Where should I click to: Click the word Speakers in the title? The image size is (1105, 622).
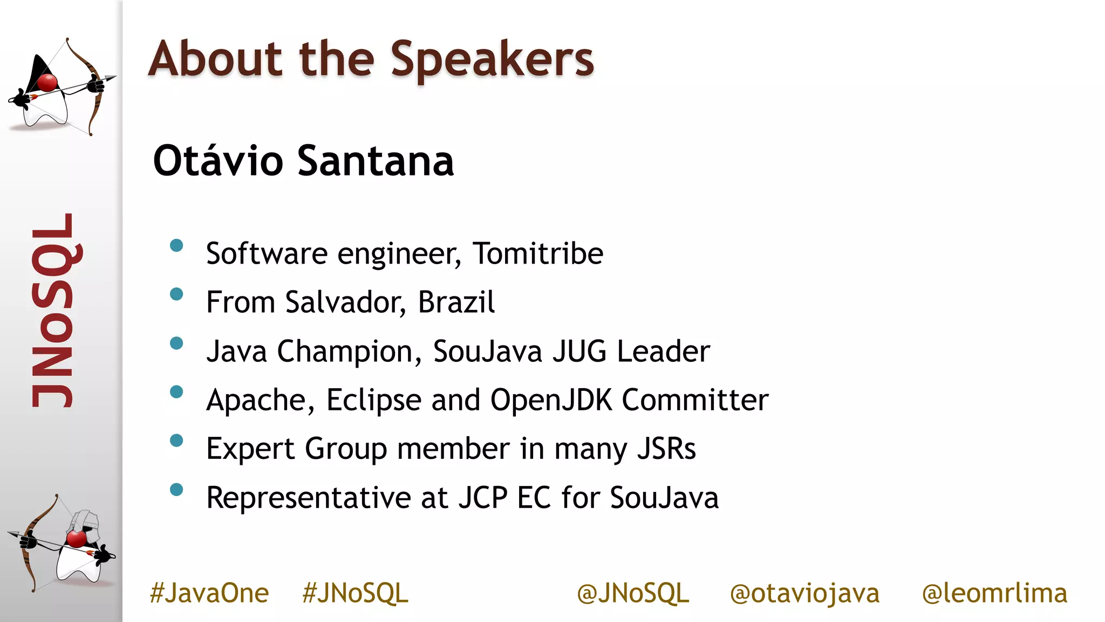tap(492, 59)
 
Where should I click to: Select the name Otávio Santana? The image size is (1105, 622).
tap(303, 161)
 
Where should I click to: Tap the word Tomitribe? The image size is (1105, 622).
tap(538, 253)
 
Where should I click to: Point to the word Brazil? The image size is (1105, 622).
tap(456, 302)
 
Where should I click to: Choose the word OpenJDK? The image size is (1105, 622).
tap(551, 400)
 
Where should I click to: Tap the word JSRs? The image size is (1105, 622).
tap(666, 449)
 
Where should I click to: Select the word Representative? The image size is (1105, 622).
tap(309, 498)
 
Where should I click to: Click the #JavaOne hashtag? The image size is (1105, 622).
tap(209, 593)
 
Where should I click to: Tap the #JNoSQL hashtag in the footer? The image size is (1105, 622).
tap(355, 593)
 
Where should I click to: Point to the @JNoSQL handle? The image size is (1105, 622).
tap(633, 593)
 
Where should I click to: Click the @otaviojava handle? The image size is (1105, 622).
tap(804, 593)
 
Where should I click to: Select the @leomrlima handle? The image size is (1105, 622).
tap(994, 593)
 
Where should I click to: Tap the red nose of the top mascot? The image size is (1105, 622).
tap(47, 83)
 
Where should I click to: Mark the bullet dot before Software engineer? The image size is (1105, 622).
tap(176, 246)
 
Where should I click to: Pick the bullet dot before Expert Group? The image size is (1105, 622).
tap(176, 441)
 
